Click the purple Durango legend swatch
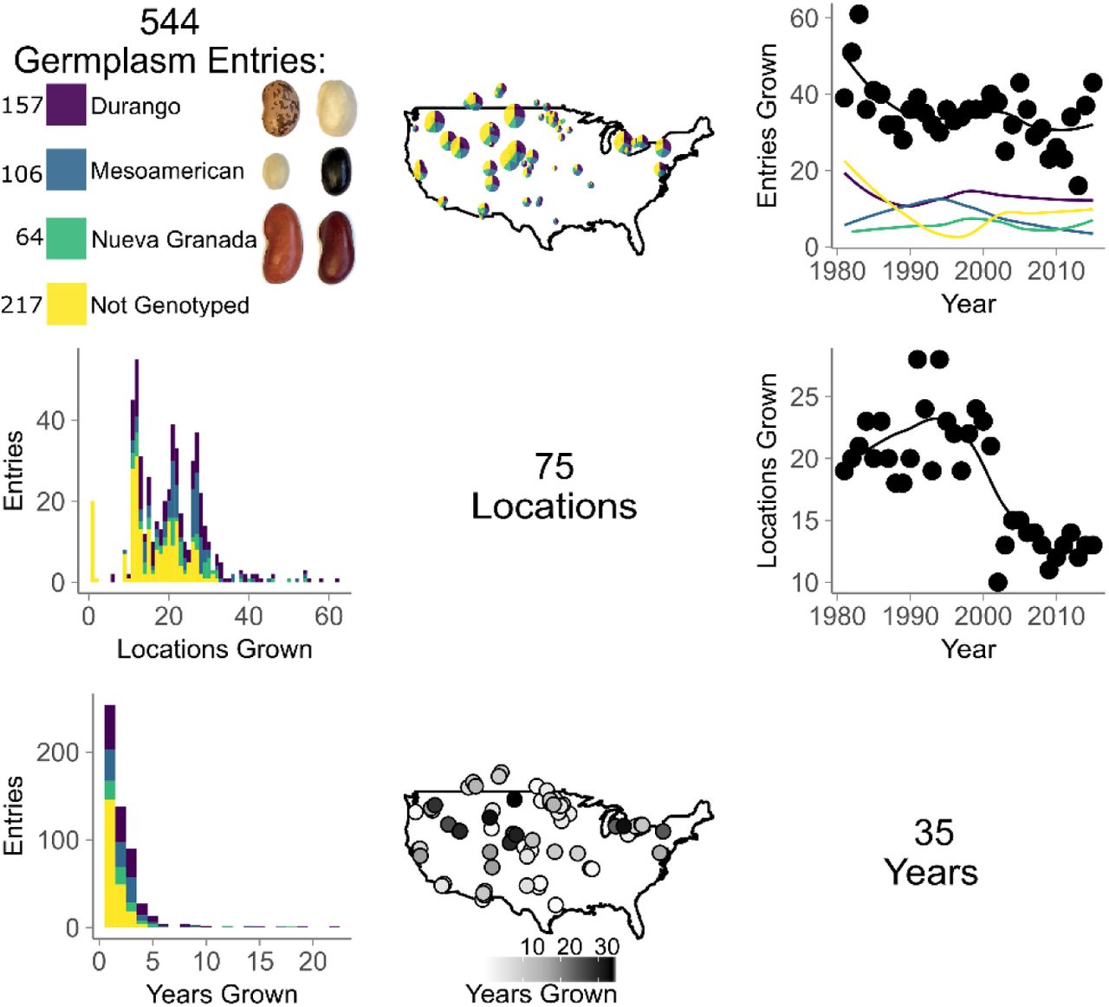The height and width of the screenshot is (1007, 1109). coord(66,104)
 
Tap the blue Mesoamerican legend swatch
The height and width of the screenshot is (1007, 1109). coord(66,169)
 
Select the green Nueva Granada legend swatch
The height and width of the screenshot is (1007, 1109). coord(66,238)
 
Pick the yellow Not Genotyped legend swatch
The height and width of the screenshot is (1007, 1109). coord(66,303)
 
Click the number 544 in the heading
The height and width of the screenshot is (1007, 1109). coord(169,23)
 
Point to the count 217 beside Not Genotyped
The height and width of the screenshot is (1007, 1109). coord(22,305)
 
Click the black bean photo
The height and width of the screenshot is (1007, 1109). coord(335,171)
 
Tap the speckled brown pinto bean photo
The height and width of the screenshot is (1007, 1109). coord(281,107)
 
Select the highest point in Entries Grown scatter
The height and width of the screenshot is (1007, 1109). coord(859,15)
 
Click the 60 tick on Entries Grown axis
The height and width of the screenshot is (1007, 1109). coord(804,18)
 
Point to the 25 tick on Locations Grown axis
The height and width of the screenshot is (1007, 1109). coord(804,397)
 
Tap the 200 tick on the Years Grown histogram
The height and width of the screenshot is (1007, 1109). coord(57,752)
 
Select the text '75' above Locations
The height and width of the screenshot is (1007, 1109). coord(554,467)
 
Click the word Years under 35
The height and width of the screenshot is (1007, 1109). coord(931,872)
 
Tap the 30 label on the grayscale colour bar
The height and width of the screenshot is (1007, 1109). coord(606,946)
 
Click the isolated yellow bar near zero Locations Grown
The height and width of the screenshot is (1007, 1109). coord(94,540)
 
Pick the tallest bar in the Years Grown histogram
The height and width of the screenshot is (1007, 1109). coord(109,816)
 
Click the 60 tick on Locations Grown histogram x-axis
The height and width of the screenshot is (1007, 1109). coord(329,616)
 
